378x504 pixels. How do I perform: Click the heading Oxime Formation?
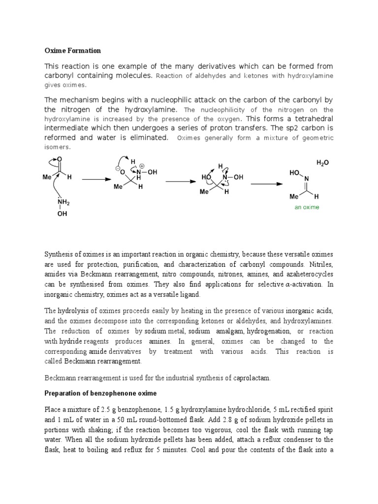coord(72,51)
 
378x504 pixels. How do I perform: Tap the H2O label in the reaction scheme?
coord(323,163)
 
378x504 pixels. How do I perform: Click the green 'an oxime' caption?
coord(307,207)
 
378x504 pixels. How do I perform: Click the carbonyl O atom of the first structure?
coord(60,159)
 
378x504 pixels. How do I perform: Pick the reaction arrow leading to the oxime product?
coord(266,184)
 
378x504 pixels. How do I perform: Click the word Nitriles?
coord(322,264)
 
